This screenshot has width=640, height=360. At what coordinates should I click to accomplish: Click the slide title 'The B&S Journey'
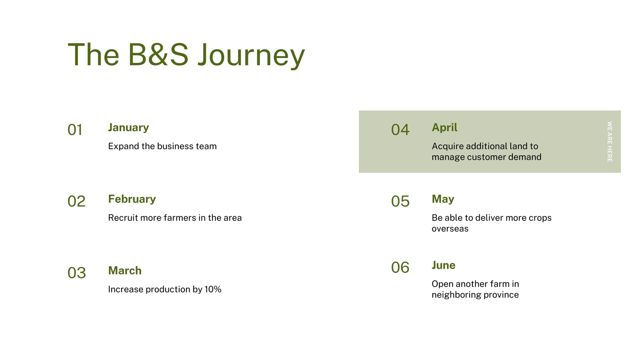(186, 55)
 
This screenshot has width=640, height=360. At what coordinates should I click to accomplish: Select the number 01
(75, 130)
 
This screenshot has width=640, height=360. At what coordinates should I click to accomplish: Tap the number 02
(76, 201)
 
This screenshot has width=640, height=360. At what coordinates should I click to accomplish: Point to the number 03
(76, 272)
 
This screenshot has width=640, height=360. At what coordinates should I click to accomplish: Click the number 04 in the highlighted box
(400, 130)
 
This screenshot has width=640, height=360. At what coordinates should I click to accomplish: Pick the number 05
(400, 201)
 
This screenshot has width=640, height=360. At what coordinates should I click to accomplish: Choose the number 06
(400, 268)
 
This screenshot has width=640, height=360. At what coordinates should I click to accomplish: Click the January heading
(128, 128)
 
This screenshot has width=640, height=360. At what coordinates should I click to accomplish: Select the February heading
(132, 199)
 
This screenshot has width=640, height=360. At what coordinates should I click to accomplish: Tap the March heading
(125, 270)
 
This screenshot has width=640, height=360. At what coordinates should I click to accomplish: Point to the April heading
(444, 128)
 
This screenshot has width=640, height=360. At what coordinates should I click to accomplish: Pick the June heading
(444, 265)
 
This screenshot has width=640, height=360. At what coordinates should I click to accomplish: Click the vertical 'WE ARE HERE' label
(610, 142)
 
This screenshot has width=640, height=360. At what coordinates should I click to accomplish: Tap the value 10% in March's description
(213, 289)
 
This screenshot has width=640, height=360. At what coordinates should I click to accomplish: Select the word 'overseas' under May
(450, 229)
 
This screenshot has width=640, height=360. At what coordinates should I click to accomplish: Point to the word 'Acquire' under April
(448, 146)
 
